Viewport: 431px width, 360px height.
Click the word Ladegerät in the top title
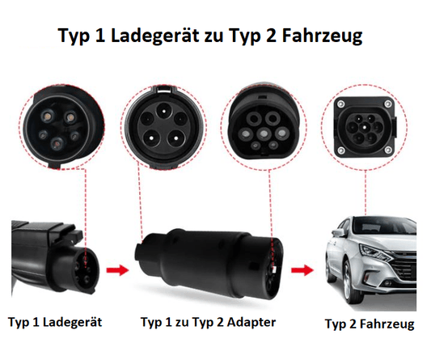pyautogui.click(x=154, y=36)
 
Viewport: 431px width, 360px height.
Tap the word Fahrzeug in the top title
pyautogui.click(x=322, y=36)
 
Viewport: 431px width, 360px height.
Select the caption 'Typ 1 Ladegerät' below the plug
pyautogui.click(x=55, y=322)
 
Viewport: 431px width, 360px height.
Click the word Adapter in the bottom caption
pyautogui.click(x=251, y=322)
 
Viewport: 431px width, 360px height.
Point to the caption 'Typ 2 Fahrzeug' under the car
pyautogui.click(x=370, y=324)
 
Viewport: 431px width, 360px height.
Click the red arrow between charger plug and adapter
pyautogui.click(x=117, y=270)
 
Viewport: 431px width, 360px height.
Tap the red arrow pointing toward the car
pyautogui.click(x=302, y=270)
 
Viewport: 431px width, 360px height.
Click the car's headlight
pyautogui.click(x=375, y=252)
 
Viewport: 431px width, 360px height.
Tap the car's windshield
pyautogui.click(x=385, y=226)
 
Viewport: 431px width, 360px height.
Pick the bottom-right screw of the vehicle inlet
pyautogui.click(x=388, y=150)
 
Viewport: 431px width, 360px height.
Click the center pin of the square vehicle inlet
pyautogui.click(x=365, y=127)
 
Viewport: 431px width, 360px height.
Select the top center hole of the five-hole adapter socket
pyautogui.click(x=164, y=110)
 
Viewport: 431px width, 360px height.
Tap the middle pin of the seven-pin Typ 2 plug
pyautogui.click(x=264, y=133)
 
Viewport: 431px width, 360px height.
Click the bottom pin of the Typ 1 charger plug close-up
pyautogui.click(x=57, y=143)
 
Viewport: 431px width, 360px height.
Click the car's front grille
pyautogui.click(x=404, y=268)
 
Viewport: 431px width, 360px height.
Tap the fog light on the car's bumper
pyautogui.click(x=387, y=283)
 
